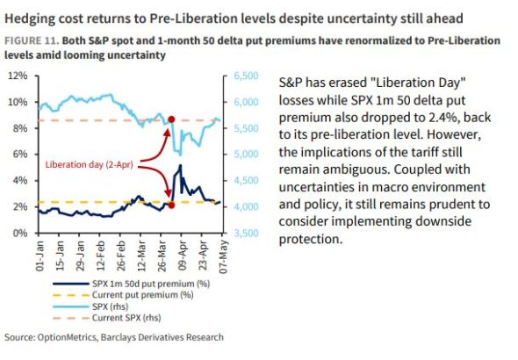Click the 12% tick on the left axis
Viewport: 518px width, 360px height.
tap(18, 76)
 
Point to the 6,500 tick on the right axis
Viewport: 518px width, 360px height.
tap(246, 76)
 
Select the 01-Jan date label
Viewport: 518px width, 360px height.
tap(40, 256)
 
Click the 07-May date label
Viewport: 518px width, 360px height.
tap(223, 256)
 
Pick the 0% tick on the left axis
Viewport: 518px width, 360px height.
tap(20, 234)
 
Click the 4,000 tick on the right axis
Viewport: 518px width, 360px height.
tap(246, 206)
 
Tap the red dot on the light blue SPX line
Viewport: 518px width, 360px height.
tap(171, 119)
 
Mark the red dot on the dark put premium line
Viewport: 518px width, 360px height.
tap(171, 205)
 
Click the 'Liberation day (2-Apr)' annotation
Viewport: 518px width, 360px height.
tap(90, 164)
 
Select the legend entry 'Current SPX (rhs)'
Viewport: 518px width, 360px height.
tap(107, 318)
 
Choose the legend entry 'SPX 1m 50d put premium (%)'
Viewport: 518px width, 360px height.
tap(132, 284)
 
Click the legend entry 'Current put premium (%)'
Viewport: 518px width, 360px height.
tap(123, 295)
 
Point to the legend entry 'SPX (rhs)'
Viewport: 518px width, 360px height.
tap(90, 306)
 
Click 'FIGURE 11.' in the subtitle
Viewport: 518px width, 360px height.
tap(32, 40)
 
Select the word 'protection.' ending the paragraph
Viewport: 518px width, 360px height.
tap(311, 239)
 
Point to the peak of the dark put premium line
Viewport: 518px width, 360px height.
tap(180, 165)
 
